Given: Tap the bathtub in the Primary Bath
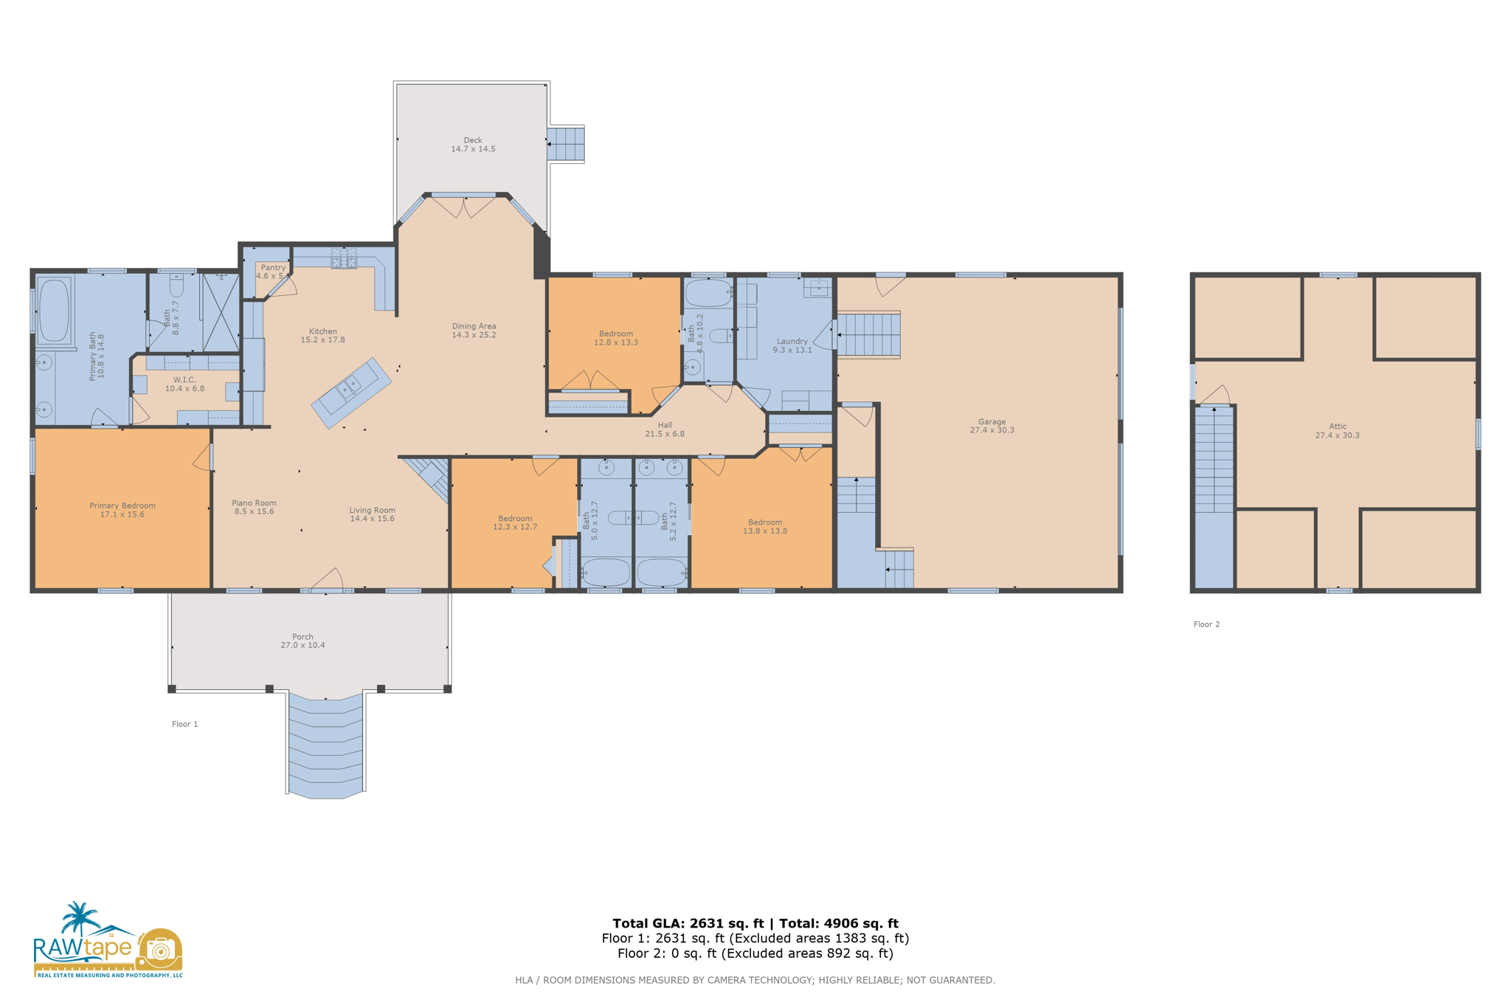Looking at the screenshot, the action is pyautogui.click(x=53, y=310).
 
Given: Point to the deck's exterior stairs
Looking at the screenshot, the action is pyautogui.click(x=565, y=144).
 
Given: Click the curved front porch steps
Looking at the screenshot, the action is pyautogui.click(x=325, y=745).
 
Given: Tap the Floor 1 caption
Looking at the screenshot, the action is pyautogui.click(x=184, y=724).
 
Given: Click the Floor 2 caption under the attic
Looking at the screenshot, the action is pyautogui.click(x=1206, y=624).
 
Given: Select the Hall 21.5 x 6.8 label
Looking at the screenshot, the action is pyautogui.click(x=665, y=429).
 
